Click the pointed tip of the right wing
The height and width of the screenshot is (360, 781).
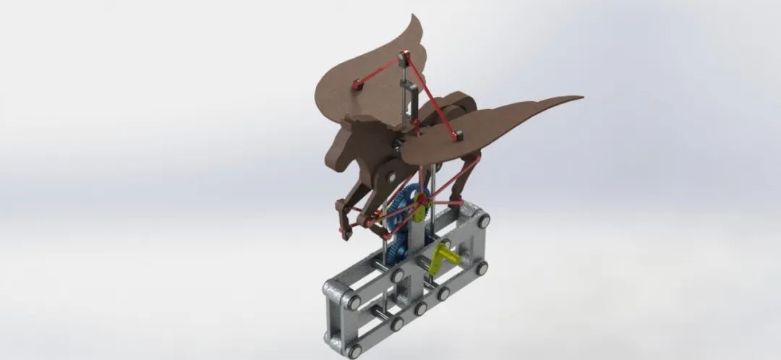click(579, 98)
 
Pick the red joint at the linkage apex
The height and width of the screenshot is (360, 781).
click(404, 57)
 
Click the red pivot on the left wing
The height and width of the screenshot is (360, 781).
click(357, 85)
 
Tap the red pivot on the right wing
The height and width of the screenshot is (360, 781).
click(456, 134)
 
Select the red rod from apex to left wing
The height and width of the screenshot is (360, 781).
click(380, 71)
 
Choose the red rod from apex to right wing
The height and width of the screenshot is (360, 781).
click(431, 97)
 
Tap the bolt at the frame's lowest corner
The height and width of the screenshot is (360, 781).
click(354, 351)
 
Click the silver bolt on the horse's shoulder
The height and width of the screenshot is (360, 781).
click(391, 176)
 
